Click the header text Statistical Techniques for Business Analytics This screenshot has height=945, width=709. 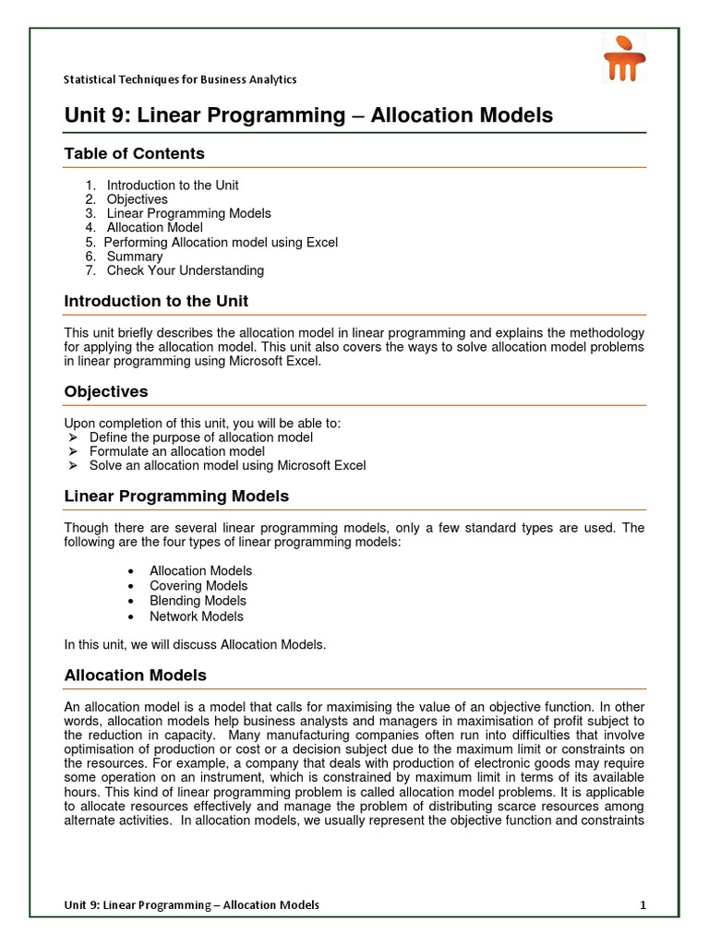coord(180,79)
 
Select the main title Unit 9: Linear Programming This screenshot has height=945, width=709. coord(308,115)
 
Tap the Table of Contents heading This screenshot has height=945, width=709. coord(134,153)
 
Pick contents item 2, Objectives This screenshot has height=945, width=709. coord(137,199)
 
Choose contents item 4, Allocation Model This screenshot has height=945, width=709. coord(154,227)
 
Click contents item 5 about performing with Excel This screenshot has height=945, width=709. coord(221,242)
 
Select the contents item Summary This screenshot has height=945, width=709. coord(134,257)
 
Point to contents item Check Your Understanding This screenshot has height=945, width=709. coord(185,270)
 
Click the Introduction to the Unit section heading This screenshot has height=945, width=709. coord(156,302)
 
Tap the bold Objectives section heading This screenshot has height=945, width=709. coord(105,391)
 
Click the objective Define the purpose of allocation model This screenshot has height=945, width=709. coord(200,437)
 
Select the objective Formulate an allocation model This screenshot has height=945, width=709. coord(176,451)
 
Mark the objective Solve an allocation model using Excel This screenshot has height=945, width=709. coord(227,465)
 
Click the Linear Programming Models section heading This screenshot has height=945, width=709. coord(176,496)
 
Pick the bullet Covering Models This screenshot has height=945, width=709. coord(198,586)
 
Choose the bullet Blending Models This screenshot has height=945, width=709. coord(198,601)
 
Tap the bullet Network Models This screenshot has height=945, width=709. coord(197,616)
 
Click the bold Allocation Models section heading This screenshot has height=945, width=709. coord(135,676)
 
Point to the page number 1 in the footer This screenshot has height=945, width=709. coord(643,904)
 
